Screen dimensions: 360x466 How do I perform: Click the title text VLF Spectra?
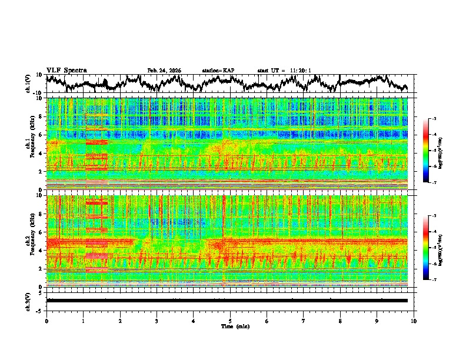66,70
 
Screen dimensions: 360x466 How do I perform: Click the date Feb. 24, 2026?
164,71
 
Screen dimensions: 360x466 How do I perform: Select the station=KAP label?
218,71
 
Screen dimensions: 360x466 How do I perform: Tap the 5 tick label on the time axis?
230,321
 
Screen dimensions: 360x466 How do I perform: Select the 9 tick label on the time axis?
377,321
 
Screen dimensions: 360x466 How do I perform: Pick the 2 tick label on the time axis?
120,321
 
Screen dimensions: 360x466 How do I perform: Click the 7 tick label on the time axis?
304,321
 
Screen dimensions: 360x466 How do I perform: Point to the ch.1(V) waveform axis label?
28,84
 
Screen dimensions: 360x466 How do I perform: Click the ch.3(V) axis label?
28,301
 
